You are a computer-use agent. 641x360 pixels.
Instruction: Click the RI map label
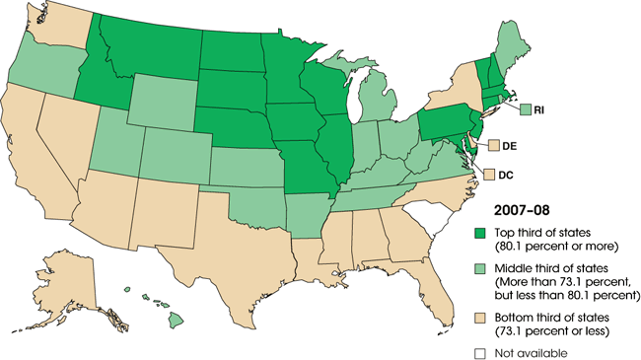[540, 109]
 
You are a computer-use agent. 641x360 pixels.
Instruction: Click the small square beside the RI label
[526, 109]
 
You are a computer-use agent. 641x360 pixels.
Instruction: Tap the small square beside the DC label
[487, 174]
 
